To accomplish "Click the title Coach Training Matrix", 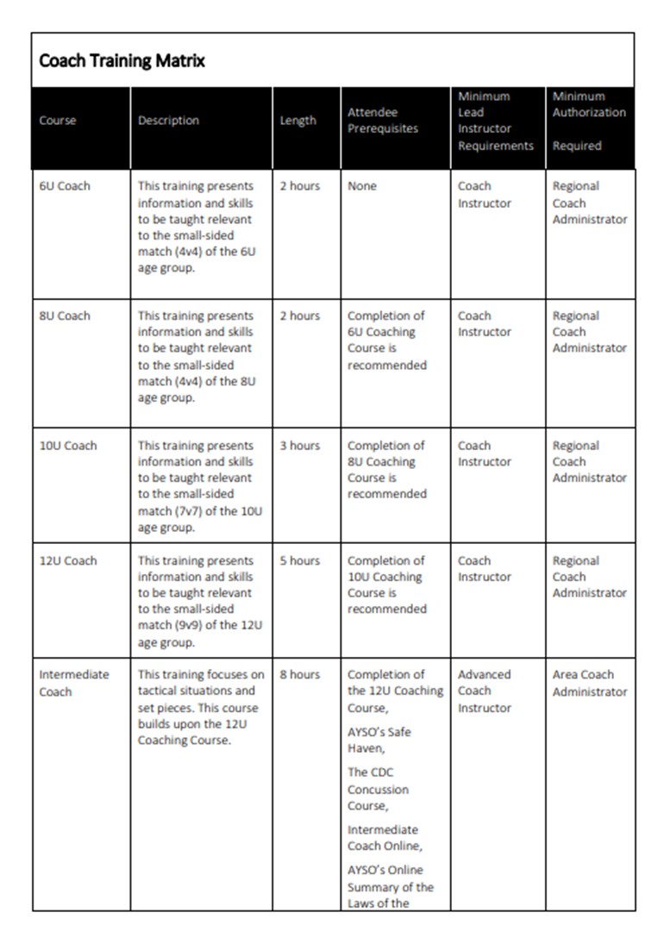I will click(x=122, y=61).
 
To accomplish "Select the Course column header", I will click(x=58, y=121).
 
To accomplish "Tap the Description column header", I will click(x=168, y=121).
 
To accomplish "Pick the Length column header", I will click(x=297, y=121).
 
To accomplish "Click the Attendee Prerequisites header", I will click(x=382, y=121).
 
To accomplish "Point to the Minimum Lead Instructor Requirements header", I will click(x=495, y=121).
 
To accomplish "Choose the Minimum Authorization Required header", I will click(x=589, y=121).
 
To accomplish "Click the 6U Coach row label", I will click(x=64, y=186).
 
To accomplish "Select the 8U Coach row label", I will click(x=64, y=316).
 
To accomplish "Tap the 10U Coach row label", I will click(x=67, y=446).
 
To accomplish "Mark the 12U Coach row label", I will click(x=67, y=560).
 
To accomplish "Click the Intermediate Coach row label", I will click(x=73, y=683).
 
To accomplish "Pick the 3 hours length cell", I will click(x=299, y=446).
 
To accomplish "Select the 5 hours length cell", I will click(x=299, y=560).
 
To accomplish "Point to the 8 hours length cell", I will click(x=299, y=674).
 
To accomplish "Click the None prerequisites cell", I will click(x=362, y=186).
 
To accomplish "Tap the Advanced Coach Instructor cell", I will click(x=485, y=691).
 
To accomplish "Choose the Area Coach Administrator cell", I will click(x=590, y=683).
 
